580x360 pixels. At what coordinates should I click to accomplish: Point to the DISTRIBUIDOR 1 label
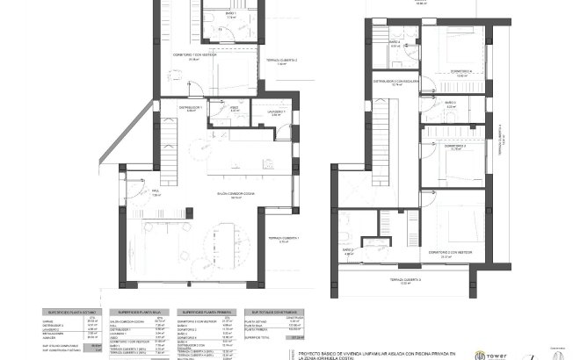(x=192, y=108)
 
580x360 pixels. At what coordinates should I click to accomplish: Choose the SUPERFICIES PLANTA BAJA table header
(x=139, y=312)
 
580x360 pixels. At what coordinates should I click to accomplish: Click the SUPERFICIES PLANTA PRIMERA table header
(x=205, y=312)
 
